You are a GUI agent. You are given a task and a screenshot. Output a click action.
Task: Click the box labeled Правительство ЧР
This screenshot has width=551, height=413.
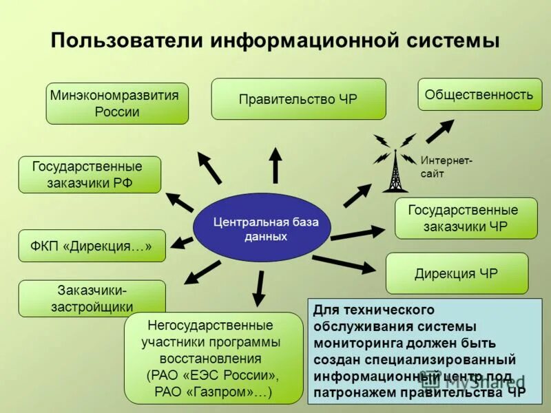pyautogui.click(x=298, y=99)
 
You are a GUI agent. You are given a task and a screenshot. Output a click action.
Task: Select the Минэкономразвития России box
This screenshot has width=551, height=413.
pyautogui.click(x=117, y=104)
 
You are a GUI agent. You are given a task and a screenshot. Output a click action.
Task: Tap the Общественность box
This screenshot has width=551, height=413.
pyautogui.click(x=479, y=95)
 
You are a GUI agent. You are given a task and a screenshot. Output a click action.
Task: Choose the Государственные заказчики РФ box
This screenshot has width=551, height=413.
pyautogui.click(x=90, y=175)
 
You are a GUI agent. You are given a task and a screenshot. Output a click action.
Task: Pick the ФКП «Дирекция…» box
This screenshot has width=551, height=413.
pyautogui.click(x=92, y=246)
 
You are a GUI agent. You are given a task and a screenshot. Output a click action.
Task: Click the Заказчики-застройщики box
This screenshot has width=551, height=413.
pyautogui.click(x=92, y=298)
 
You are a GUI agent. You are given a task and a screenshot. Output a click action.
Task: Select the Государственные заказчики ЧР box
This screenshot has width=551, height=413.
pyautogui.click(x=466, y=218)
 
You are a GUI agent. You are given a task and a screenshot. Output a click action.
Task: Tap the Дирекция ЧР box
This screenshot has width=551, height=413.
pyautogui.click(x=457, y=273)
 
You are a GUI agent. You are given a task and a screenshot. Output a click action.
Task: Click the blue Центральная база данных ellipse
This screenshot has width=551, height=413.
pyautogui.click(x=262, y=227)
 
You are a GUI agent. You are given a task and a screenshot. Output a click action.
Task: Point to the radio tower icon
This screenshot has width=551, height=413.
pyautogui.click(x=395, y=165)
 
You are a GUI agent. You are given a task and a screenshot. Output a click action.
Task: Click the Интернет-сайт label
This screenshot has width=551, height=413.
pyautogui.click(x=446, y=167)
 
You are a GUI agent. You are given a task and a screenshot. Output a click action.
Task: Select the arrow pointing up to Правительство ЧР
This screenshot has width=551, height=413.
pyautogui.click(x=275, y=165)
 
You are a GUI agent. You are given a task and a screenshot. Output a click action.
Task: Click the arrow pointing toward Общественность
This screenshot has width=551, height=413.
pyautogui.click(x=439, y=131)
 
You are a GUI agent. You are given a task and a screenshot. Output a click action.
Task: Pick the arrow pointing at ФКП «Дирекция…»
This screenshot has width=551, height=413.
pyautogui.click(x=182, y=242)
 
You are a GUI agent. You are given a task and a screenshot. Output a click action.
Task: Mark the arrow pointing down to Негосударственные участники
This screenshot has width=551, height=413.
pyautogui.click(x=260, y=288)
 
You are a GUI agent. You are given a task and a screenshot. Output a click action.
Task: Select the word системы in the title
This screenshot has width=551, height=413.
pyautogui.click(x=453, y=39)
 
